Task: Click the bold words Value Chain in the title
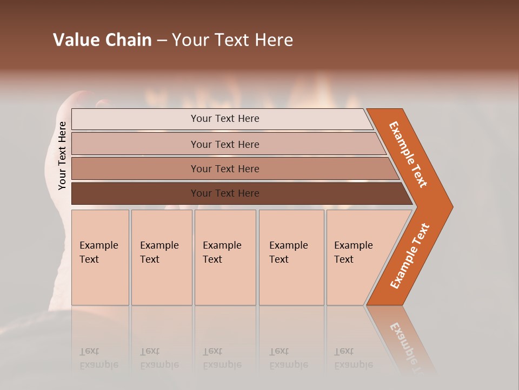coord(102,40)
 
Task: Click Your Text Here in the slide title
coord(232,40)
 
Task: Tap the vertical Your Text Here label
coord(62,155)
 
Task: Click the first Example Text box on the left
coord(100,257)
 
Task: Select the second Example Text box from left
coord(162,257)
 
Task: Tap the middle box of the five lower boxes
coord(225,257)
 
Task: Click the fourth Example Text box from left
coord(291,257)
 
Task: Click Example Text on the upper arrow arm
coord(408,154)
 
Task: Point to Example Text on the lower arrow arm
coord(410,256)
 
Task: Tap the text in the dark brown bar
coord(225,193)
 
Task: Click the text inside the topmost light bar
coord(225,119)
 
